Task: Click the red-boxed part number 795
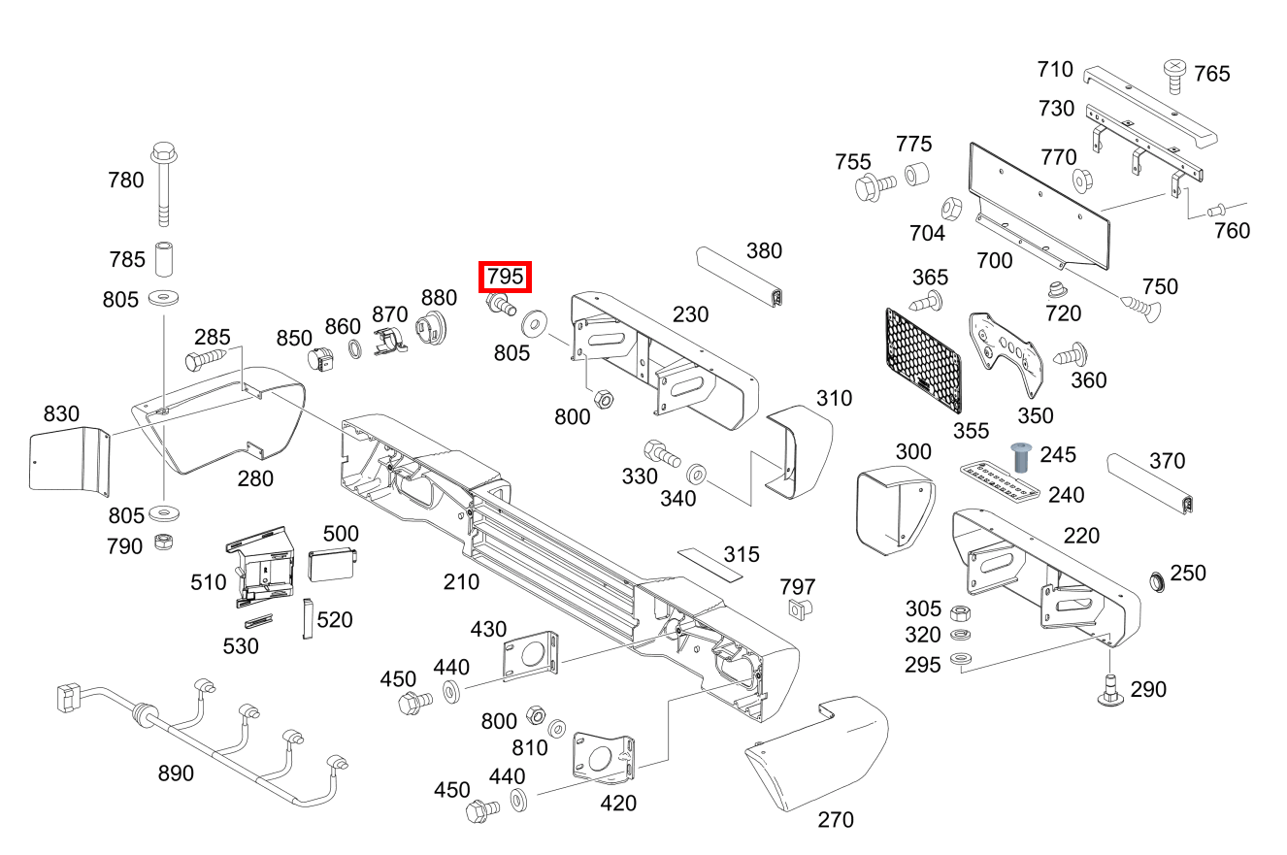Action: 506,277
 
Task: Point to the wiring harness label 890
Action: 176,773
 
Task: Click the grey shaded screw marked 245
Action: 1020,456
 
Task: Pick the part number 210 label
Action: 461,581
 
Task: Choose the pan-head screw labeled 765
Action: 1174,75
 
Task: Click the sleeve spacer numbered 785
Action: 163,259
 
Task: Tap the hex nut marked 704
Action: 951,209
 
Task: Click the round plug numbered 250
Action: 1157,581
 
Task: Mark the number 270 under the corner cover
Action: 836,820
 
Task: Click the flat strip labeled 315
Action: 709,564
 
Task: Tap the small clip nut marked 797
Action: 798,609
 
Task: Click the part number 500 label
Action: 341,533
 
